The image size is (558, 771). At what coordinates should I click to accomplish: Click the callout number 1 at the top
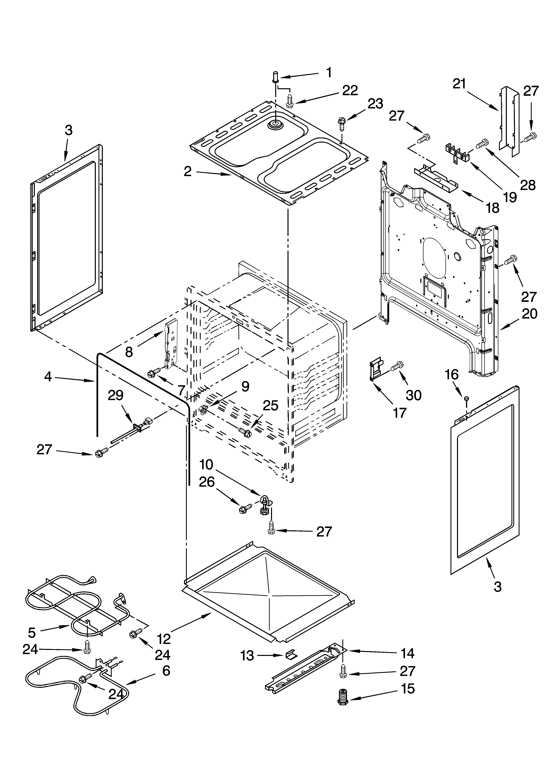[329, 72]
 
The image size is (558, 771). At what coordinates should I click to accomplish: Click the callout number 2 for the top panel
[188, 172]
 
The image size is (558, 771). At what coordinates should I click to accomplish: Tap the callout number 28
[528, 185]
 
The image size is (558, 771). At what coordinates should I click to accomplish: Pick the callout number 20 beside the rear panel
[529, 313]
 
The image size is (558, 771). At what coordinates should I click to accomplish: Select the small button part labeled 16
[467, 398]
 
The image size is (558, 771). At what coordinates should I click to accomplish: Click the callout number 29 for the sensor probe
[115, 396]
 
